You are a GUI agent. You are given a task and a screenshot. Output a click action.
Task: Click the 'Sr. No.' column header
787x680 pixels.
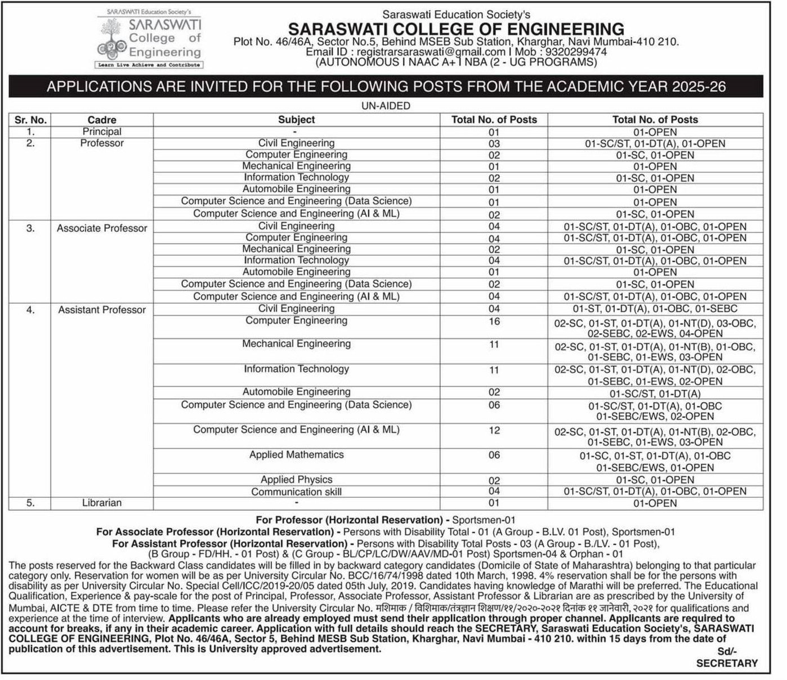pos(30,120)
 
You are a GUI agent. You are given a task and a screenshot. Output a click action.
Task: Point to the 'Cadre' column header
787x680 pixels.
pos(102,120)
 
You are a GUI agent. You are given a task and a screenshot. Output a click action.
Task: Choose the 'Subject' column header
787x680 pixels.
pos(296,120)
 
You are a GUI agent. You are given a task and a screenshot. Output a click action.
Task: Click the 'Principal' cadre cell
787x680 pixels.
pos(102,132)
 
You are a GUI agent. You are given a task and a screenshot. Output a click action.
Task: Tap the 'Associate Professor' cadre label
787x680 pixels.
pos(102,228)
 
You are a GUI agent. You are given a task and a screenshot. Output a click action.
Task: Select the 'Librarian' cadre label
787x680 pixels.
pos(102,503)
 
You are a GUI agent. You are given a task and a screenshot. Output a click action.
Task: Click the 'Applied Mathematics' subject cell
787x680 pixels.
pos(296,454)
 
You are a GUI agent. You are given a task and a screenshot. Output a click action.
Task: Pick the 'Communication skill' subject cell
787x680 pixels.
pos(296,492)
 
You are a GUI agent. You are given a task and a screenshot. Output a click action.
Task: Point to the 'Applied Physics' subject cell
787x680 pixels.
pos(296,480)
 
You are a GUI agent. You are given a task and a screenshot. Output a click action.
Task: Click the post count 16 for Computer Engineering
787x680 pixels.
pos(494,321)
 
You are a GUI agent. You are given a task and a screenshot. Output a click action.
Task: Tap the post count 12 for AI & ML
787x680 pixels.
pos(494,430)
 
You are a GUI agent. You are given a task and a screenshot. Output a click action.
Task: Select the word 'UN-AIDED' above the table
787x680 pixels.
pos(386,106)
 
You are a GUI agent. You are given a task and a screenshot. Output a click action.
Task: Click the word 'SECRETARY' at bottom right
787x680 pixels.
pos(727,664)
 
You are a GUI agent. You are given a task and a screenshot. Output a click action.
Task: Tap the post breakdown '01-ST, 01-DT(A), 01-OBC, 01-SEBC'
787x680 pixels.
pos(655,309)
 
